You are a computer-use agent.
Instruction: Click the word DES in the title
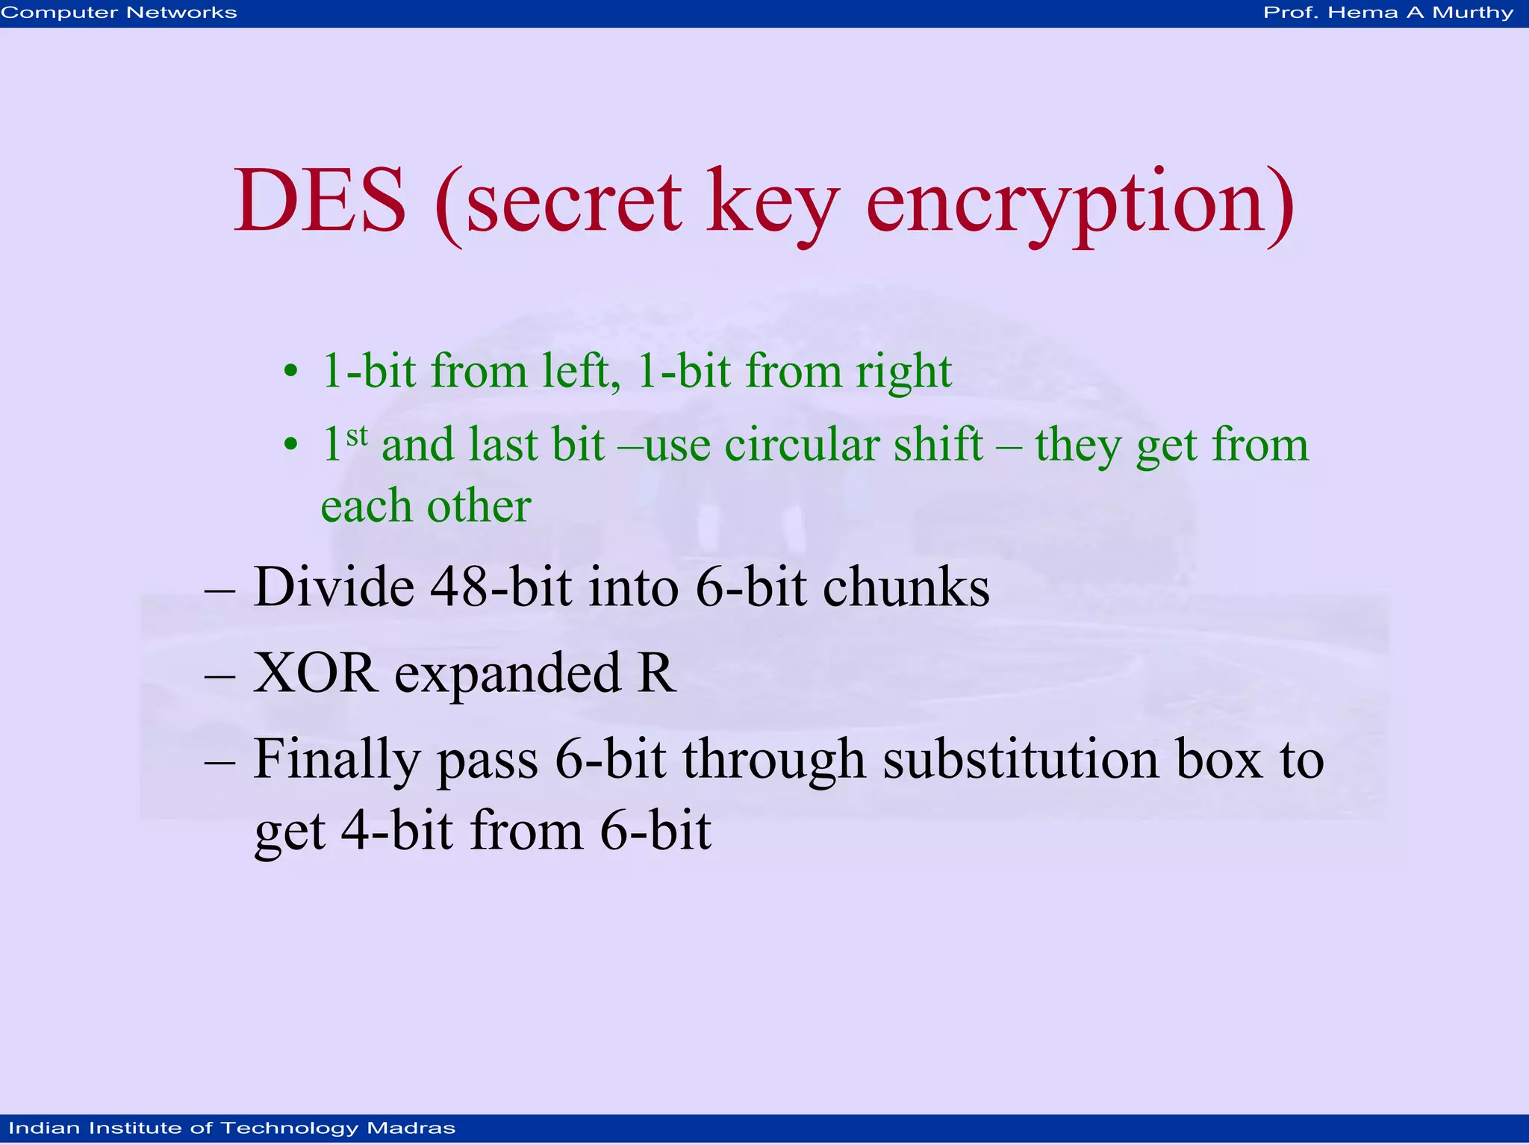pyautogui.click(x=320, y=202)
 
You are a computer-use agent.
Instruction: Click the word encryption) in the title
pyautogui.click(x=1080, y=203)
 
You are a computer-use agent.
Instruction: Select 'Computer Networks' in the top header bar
pyautogui.click(x=119, y=13)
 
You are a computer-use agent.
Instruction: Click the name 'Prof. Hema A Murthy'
pyautogui.click(x=1388, y=13)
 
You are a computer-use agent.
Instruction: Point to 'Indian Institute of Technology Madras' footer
pyautogui.click(x=231, y=1128)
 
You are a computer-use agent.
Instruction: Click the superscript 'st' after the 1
pyautogui.click(x=357, y=434)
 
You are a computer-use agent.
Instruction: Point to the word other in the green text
pyautogui.click(x=479, y=506)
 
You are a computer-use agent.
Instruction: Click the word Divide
pyautogui.click(x=334, y=587)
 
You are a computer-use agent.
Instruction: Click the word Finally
pyautogui.click(x=337, y=760)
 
